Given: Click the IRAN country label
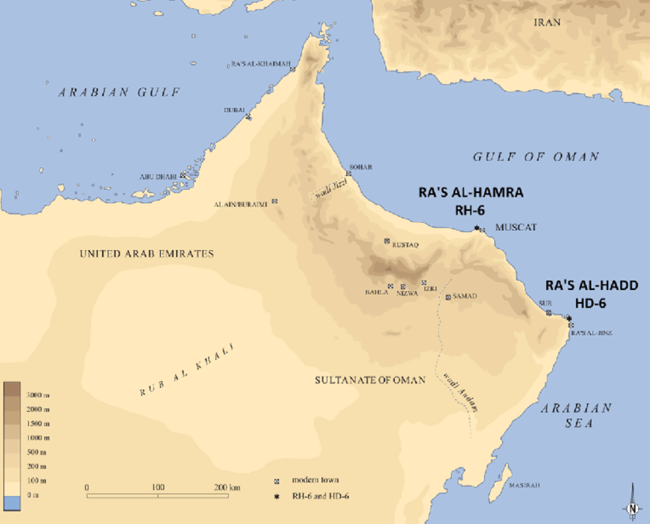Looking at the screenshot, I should click(546, 23).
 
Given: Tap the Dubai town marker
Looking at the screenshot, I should click(248, 117).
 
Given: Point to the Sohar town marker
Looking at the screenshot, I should click(348, 174).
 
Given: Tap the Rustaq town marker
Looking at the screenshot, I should click(387, 241).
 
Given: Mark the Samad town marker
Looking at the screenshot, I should click(448, 297).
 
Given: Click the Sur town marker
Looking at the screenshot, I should click(549, 313).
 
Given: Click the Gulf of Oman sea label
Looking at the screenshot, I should click(536, 157).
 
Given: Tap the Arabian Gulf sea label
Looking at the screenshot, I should click(119, 92).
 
